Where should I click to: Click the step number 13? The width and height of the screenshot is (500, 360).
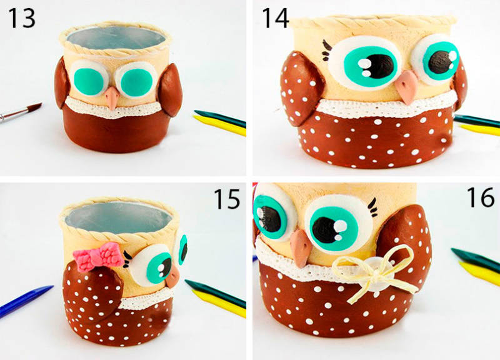click(x=21, y=18)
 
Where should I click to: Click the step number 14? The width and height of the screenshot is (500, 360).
click(x=276, y=18)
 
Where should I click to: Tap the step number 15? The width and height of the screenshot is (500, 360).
click(x=226, y=199)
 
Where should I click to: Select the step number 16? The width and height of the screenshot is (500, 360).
click(x=481, y=197)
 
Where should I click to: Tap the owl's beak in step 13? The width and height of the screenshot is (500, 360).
click(x=112, y=98)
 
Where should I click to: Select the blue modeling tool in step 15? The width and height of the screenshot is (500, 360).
click(x=26, y=301)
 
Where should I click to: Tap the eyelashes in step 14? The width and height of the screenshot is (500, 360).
click(x=327, y=51)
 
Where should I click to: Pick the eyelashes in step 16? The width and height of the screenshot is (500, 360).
click(x=372, y=208)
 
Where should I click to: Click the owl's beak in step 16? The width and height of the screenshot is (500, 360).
click(x=300, y=248)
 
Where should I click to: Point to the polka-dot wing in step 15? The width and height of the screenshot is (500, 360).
click(x=93, y=292)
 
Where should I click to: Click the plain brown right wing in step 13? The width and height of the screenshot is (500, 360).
click(x=169, y=90)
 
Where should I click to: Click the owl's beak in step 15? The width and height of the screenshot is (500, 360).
click(x=173, y=276)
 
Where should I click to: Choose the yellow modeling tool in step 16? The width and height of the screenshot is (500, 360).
click(x=479, y=273)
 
